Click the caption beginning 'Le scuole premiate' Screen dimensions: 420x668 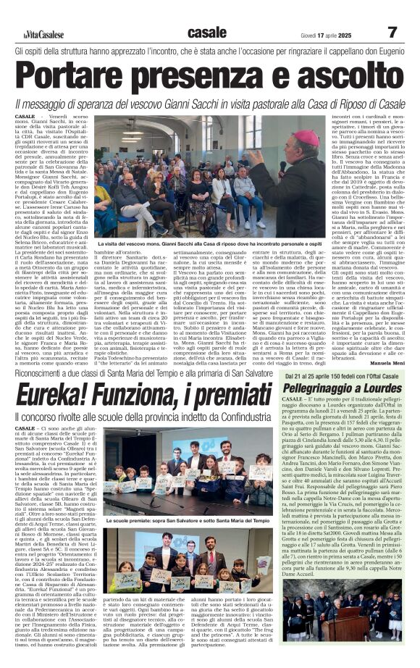(188, 520)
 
